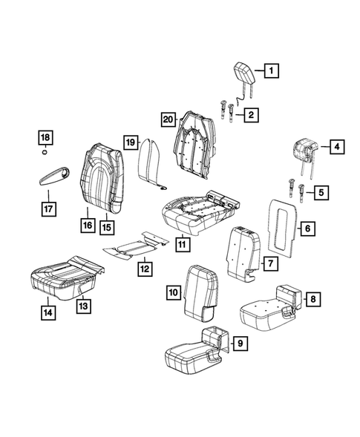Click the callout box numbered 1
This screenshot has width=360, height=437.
coord(271,71)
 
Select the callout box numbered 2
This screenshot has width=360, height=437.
coord(252,114)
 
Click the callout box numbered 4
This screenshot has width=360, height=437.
coord(336,147)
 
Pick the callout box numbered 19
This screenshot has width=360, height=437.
coord(130,142)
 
